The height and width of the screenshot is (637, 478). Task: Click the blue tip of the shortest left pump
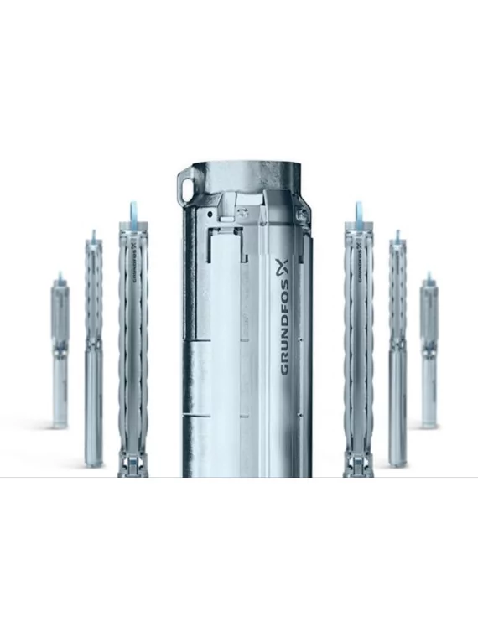coord(59,277)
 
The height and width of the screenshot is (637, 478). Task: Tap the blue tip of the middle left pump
coord(93,236)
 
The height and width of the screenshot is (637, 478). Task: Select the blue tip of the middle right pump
coord(397,236)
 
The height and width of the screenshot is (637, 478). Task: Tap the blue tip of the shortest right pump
coord(429,277)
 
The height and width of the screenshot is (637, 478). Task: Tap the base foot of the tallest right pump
coord(358,464)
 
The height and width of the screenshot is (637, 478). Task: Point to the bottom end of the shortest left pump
coord(60,423)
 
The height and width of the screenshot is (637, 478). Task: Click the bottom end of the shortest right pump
coord(429,422)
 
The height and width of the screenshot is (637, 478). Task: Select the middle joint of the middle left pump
coord(93,344)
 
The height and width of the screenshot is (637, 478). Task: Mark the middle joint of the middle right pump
coord(397,344)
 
